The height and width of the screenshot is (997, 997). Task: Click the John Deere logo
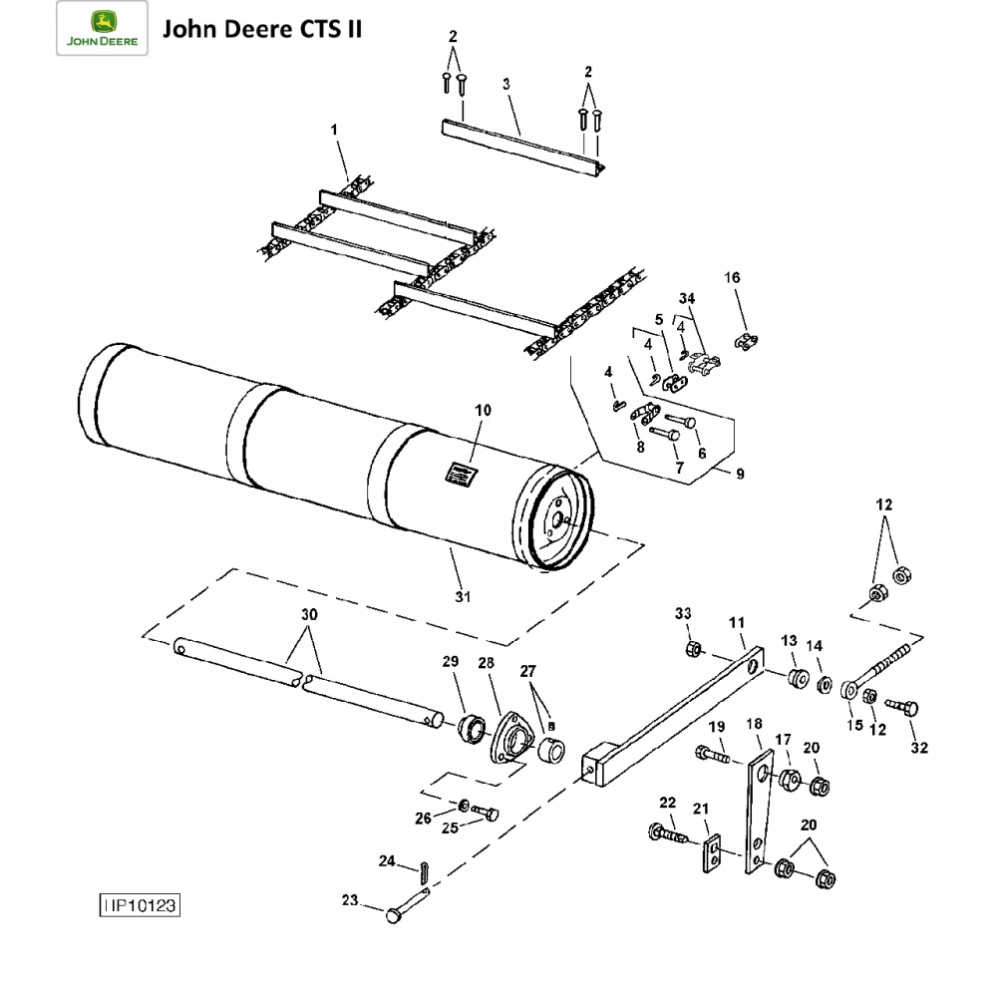click(x=103, y=30)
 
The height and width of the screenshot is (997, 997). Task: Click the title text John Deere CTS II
click(x=261, y=28)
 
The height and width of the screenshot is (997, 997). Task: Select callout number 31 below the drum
click(x=463, y=596)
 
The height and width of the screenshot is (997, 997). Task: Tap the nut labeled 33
click(x=692, y=650)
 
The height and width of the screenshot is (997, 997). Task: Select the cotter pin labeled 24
click(x=423, y=871)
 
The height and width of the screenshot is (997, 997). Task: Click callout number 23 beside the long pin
click(x=349, y=900)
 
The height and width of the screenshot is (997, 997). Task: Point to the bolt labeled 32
click(x=906, y=708)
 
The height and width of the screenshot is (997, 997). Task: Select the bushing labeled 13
click(x=796, y=679)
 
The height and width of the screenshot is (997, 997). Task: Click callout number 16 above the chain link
click(x=733, y=278)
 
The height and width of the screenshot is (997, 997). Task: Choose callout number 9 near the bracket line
click(x=740, y=475)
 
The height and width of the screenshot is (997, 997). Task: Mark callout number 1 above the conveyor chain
click(x=335, y=130)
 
